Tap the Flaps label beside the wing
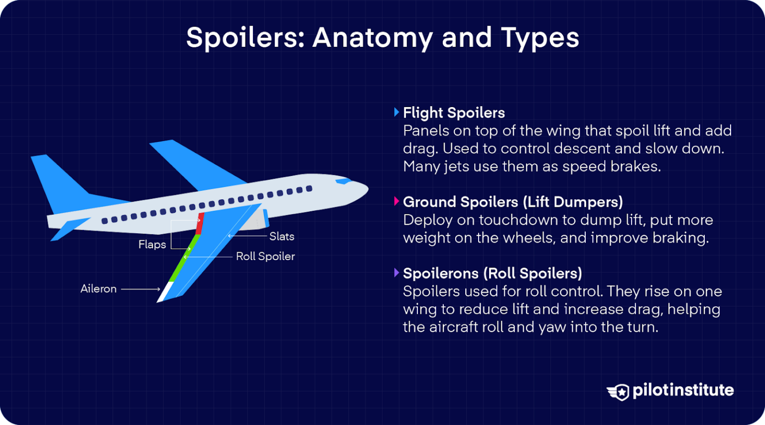[152, 245]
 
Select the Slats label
[282, 236]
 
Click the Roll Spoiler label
[265, 256]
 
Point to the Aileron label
[98, 289]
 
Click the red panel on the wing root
[200, 224]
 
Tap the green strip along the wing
[184, 258]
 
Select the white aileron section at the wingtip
[165, 292]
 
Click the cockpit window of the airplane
[343, 181]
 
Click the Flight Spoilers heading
[454, 113]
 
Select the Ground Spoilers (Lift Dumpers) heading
[513, 202]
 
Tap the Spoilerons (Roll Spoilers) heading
[493, 274]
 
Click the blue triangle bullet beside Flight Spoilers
[396, 112]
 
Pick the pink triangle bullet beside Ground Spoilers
[396, 201]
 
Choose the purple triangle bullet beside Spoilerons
[396, 273]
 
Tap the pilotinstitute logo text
[683, 391]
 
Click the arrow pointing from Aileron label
[140, 289]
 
